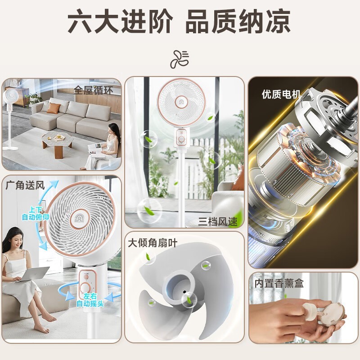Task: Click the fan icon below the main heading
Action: click(180, 59)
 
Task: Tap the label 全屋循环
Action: click(93, 90)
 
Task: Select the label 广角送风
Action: click(25, 185)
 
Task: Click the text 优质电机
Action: click(281, 94)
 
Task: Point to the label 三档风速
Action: click(218, 221)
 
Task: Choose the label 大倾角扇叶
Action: click(153, 243)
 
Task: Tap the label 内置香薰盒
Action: click(279, 283)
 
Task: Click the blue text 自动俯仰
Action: click(36, 217)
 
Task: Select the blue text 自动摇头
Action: click(90, 303)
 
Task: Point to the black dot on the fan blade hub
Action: click(184, 292)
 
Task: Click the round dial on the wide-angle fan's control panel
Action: click(85, 288)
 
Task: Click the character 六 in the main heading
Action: click(80, 22)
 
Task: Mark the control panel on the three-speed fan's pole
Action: click(182, 137)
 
